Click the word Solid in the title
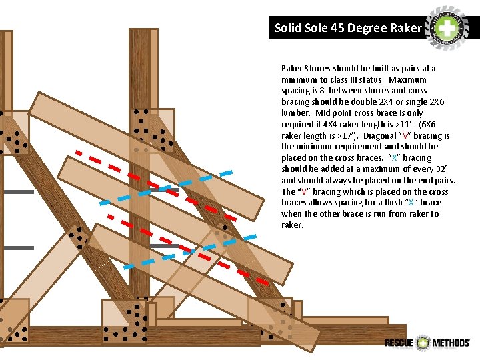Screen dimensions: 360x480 tap(288, 28)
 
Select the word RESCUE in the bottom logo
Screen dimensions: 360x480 tap(399, 343)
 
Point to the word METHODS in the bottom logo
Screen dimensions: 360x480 tap(451, 343)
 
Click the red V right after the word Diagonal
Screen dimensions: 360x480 tap(407, 135)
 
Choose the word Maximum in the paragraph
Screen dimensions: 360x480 tap(410, 79)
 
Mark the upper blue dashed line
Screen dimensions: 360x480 tap(167, 187)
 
